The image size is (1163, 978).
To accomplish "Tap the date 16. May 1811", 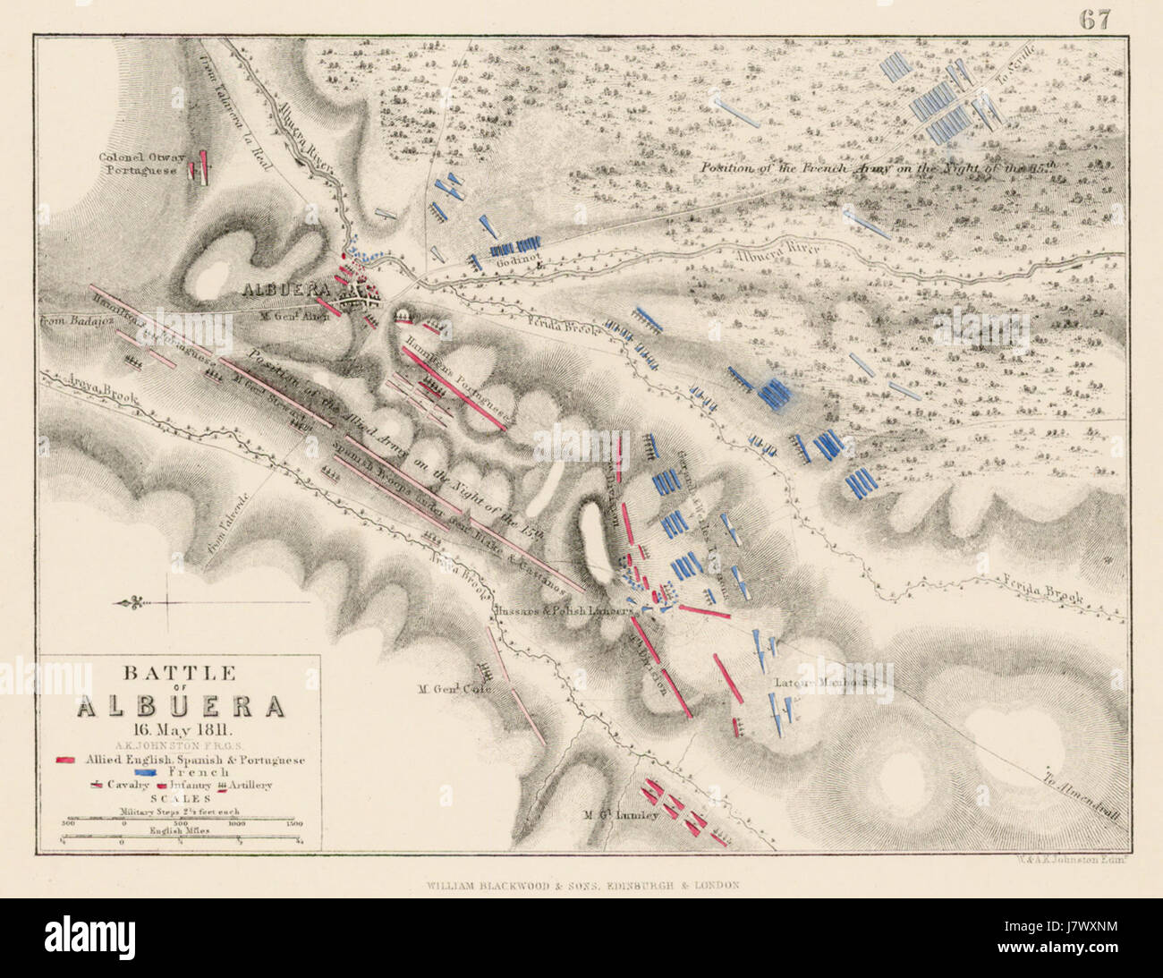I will pos(179,727).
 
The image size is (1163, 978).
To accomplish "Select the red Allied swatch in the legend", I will pos(64,760).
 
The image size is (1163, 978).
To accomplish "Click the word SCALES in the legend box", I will pos(180,798).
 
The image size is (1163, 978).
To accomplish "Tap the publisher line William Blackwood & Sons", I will pos(581,885).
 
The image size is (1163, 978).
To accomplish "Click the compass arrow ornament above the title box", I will pos(134,602).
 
